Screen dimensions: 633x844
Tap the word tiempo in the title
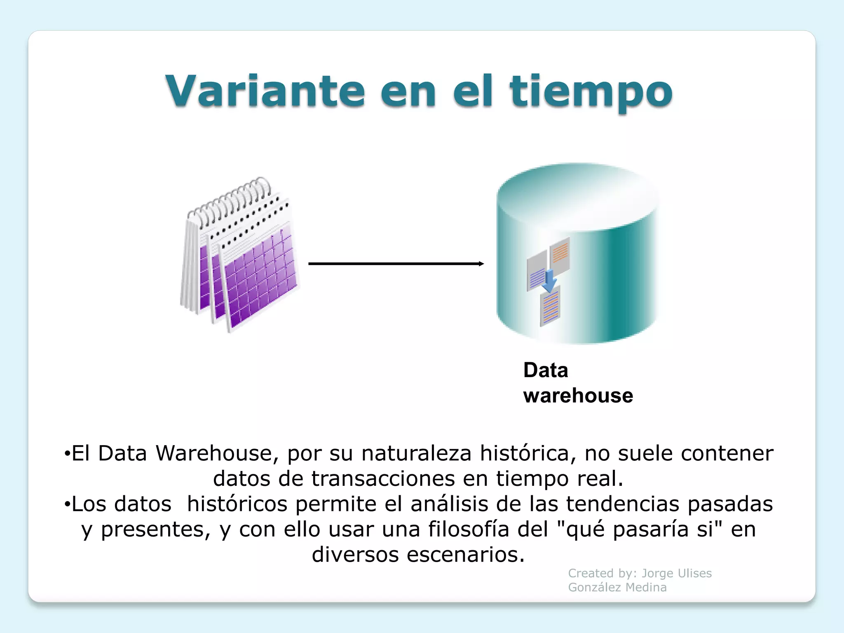591,91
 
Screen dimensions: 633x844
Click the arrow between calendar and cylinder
396,264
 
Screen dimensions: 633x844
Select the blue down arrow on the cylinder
549,281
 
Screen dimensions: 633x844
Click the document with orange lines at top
560,253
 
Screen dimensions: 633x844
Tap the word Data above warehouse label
546,370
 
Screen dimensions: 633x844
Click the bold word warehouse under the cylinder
578,396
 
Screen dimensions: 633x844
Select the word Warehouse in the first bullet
214,453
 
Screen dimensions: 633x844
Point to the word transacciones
383,479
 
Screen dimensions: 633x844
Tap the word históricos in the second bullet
237,504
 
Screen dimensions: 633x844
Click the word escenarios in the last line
466,555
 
